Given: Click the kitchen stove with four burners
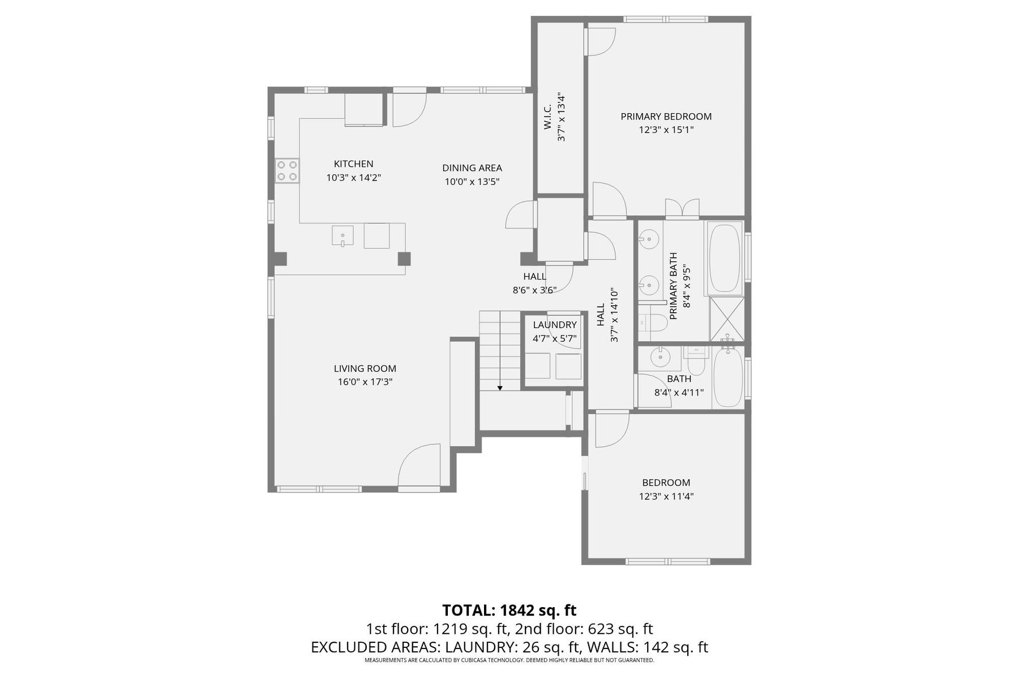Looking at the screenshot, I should click(287, 171).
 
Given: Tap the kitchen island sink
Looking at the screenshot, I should click(342, 235).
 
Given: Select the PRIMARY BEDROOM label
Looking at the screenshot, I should click(666, 117).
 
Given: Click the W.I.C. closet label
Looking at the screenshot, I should click(548, 117).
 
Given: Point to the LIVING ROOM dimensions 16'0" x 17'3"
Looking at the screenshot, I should click(365, 382).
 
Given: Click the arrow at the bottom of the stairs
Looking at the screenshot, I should click(500, 387).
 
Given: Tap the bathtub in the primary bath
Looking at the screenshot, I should click(724, 258).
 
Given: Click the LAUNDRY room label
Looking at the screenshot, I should click(555, 325).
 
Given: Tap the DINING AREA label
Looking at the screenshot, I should click(472, 168).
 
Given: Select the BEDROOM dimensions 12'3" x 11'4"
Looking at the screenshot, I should click(666, 496).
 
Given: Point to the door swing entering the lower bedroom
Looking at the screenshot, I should click(611, 430).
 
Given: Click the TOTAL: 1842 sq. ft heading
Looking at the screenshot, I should click(509, 611).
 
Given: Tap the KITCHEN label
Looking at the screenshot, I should click(354, 164).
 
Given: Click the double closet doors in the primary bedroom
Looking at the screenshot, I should click(682, 208).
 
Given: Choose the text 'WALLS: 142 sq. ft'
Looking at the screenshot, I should click(648, 647).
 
